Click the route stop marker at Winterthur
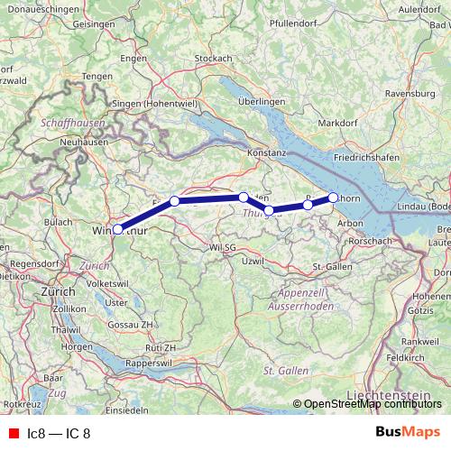click(x=118, y=229)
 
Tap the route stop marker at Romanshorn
click(x=333, y=197)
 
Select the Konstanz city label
click(x=266, y=153)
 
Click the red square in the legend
click(x=13, y=434)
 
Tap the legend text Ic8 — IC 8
click(x=59, y=434)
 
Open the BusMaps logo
click(x=408, y=433)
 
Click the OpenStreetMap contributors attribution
click(x=372, y=404)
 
